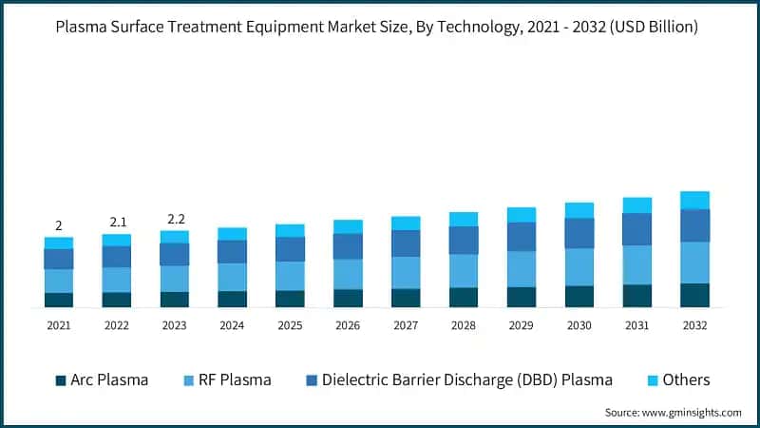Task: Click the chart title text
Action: click(x=380, y=28)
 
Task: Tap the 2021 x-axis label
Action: click(x=59, y=325)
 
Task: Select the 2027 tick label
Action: click(x=406, y=325)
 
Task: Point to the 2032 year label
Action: click(x=694, y=325)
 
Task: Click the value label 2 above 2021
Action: click(x=59, y=225)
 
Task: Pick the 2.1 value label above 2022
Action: click(x=118, y=222)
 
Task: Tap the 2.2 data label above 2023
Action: click(x=176, y=219)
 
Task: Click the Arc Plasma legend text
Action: click(x=109, y=380)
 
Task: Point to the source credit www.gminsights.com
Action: click(x=674, y=412)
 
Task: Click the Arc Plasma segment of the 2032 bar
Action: click(x=694, y=295)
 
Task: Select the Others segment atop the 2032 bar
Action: click(x=694, y=200)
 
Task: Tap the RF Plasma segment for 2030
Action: click(x=579, y=267)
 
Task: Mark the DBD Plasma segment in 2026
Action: click(x=348, y=246)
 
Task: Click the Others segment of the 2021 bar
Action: click(x=59, y=243)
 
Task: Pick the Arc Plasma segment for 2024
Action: click(x=232, y=299)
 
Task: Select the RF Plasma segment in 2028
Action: click(x=464, y=270)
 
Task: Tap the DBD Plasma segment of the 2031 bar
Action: click(x=637, y=229)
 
